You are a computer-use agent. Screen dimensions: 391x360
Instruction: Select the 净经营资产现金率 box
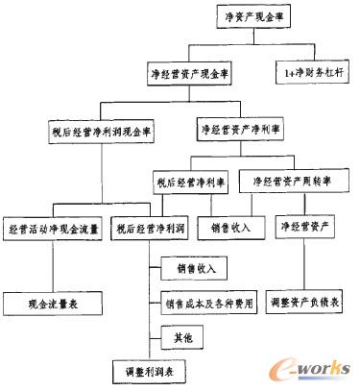(x=195, y=73)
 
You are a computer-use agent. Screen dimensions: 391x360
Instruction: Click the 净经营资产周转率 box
(x=291, y=180)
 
